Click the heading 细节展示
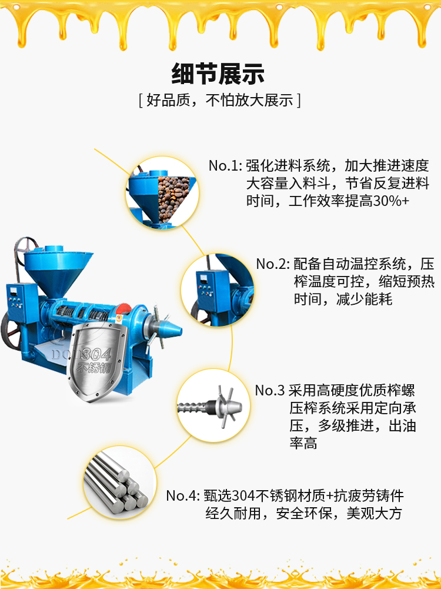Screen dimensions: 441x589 point(218,74)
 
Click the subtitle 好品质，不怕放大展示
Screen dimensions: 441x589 point(220,100)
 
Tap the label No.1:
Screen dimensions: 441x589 point(225,166)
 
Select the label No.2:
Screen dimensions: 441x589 point(273,264)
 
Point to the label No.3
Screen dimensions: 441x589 point(270,391)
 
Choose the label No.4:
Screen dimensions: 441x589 point(183,496)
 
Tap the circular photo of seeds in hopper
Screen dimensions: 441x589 point(162,193)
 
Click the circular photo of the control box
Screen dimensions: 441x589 point(218,290)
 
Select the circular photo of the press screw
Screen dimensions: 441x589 point(213,405)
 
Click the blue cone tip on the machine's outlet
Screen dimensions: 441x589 point(170,330)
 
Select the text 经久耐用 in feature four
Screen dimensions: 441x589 point(233,514)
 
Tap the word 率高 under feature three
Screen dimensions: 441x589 point(303,444)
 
